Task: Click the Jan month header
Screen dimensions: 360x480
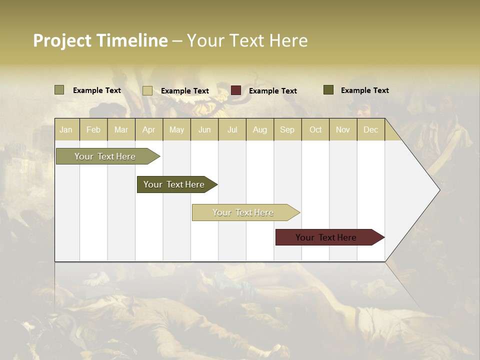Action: click(66, 129)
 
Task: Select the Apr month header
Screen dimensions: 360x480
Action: click(148, 129)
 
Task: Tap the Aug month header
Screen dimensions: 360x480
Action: click(259, 129)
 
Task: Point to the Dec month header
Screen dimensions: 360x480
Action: click(370, 129)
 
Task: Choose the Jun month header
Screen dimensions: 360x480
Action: click(204, 129)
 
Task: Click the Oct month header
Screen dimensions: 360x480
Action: click(315, 129)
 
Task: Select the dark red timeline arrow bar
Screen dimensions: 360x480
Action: click(327, 237)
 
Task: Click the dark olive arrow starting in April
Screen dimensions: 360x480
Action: click(175, 184)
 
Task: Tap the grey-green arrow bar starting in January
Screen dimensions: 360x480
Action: click(105, 156)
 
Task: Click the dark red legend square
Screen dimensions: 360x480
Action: click(236, 90)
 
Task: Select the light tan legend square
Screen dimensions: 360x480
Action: click(147, 90)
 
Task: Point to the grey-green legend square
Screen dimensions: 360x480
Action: click(59, 90)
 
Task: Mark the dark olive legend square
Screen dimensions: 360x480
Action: click(328, 90)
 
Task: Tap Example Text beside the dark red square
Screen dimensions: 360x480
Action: click(272, 90)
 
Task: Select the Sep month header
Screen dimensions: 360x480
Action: click(287, 129)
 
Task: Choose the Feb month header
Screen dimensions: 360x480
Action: click(93, 129)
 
